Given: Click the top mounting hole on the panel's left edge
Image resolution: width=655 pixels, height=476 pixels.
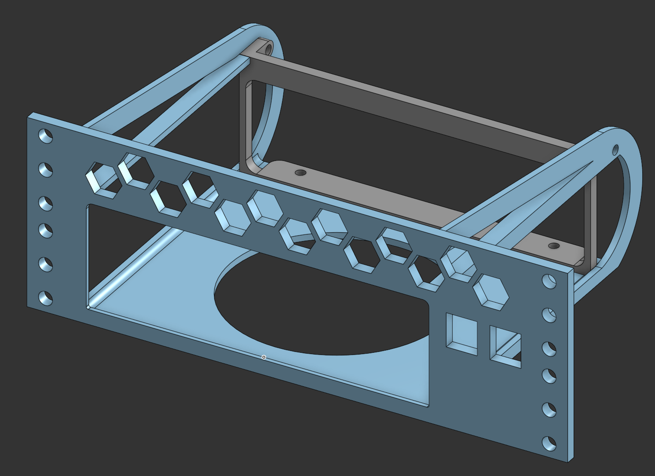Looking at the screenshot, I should [x=45, y=135].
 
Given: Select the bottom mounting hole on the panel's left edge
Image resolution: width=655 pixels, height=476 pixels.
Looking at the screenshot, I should [x=45, y=298].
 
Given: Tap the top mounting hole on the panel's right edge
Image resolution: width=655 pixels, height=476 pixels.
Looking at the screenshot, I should [x=549, y=281].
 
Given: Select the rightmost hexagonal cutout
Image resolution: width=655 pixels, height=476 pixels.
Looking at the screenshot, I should [x=491, y=291].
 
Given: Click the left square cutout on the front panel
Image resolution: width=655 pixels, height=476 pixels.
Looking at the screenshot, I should [x=462, y=334].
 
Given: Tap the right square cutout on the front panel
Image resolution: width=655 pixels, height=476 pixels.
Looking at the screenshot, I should [x=506, y=347].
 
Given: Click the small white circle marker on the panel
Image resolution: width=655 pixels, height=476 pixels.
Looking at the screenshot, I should [x=263, y=357].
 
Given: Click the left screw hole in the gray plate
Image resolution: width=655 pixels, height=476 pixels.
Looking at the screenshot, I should [x=300, y=172].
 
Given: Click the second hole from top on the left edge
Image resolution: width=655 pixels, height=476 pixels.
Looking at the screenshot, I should [x=45, y=169].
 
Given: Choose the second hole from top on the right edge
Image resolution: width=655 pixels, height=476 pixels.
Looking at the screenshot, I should [x=549, y=315].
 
